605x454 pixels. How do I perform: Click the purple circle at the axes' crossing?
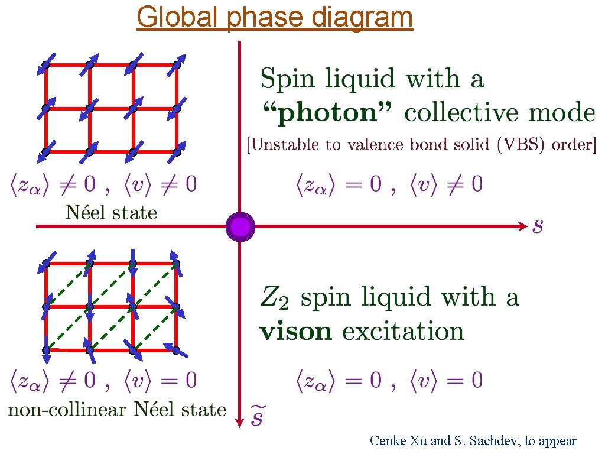pos(240,227)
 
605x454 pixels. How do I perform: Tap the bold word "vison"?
pos(296,331)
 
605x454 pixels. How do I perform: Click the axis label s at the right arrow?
pos(538,226)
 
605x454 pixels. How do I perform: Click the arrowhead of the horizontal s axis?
pos(521,226)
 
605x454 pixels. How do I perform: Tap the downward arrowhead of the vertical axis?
pos(240,421)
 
